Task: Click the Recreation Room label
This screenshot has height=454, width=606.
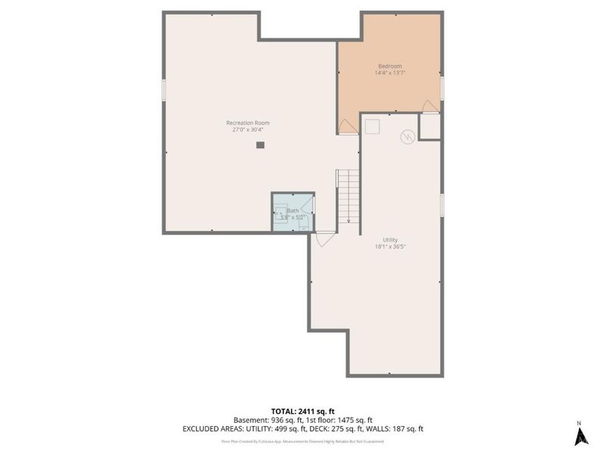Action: tap(248, 123)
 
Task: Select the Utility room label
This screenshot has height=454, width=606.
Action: tap(390, 240)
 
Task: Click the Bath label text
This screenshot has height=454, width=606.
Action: tap(292, 210)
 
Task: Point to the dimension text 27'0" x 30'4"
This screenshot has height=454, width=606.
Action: tap(248, 129)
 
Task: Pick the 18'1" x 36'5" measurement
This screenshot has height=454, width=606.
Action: tap(390, 247)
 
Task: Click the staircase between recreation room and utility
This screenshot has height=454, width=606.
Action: tap(348, 195)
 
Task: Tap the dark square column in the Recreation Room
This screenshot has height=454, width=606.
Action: tap(260, 145)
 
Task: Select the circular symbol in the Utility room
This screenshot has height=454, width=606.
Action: tap(408, 136)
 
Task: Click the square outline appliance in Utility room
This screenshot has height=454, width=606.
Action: tap(371, 127)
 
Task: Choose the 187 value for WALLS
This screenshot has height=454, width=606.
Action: tap(397, 429)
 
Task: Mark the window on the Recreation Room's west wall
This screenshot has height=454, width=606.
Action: tap(164, 89)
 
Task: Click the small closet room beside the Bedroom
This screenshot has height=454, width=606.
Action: tap(430, 126)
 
